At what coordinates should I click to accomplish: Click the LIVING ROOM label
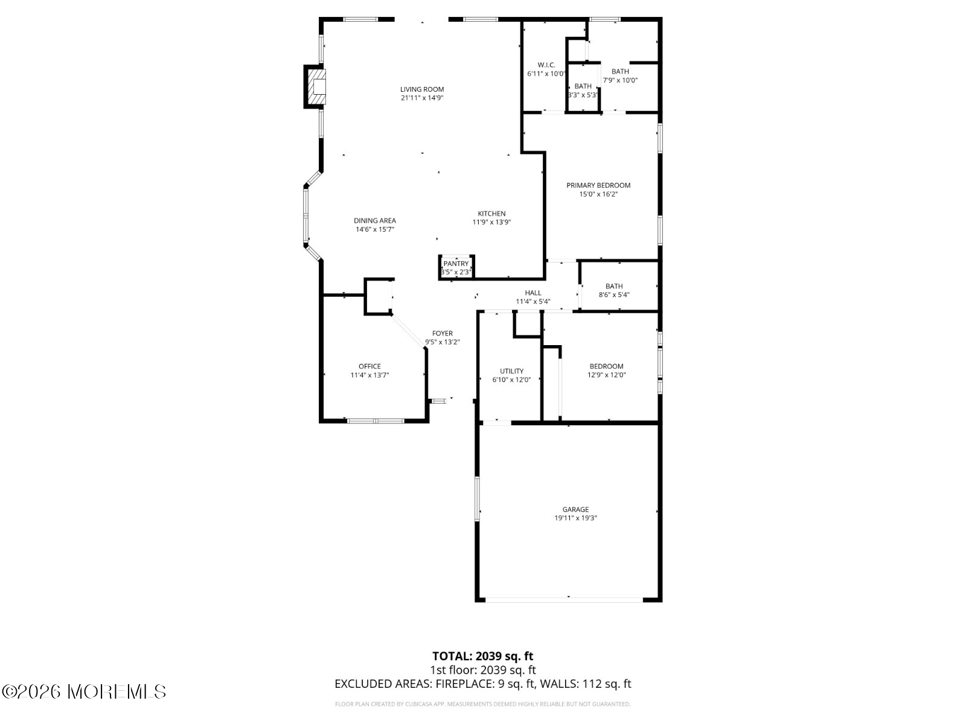click(422, 89)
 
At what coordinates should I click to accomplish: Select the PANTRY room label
click(456, 264)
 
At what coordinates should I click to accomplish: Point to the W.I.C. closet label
click(546, 65)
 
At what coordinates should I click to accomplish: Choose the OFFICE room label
click(369, 366)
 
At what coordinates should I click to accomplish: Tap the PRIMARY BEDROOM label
click(598, 185)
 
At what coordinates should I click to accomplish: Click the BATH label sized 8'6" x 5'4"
click(614, 287)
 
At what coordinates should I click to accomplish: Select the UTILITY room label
click(511, 371)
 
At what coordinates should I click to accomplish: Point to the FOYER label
click(442, 334)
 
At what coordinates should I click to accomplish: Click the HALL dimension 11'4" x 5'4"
click(533, 301)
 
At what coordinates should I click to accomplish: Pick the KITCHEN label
click(491, 214)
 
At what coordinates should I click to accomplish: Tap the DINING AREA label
click(374, 221)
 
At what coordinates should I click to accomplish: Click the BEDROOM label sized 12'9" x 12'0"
click(606, 366)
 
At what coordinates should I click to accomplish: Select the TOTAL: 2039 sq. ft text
click(482, 656)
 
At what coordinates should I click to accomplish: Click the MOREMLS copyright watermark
click(84, 691)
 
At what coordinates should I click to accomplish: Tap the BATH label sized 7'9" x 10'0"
click(619, 72)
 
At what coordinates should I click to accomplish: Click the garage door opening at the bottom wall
click(564, 600)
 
